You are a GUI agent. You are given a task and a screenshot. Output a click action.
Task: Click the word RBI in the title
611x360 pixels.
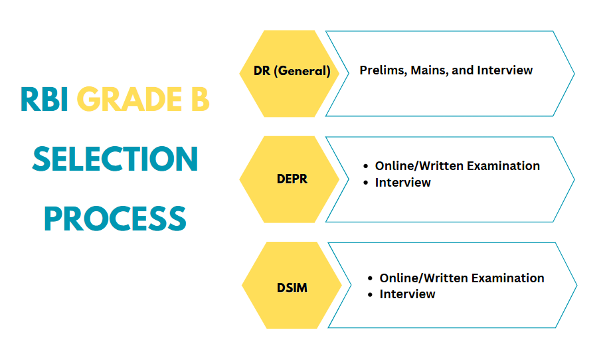point(44,100)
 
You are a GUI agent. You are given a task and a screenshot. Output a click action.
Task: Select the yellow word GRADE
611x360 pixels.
point(130,100)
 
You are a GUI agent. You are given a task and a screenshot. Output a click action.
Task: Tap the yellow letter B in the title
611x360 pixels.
point(201,100)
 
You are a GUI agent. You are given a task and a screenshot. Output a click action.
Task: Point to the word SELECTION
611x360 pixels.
point(116,159)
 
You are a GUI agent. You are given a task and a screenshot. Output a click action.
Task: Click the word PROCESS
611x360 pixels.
point(116,219)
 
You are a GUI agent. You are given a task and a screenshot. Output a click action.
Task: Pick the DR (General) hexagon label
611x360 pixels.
point(292,71)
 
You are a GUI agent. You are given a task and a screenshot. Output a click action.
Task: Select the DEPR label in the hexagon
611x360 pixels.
point(292,179)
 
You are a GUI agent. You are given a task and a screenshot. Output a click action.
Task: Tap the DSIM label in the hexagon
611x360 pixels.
point(292,288)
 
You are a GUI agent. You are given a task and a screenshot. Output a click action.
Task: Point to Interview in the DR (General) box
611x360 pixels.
point(505,70)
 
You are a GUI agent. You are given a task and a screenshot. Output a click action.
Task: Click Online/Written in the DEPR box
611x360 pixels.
point(419,166)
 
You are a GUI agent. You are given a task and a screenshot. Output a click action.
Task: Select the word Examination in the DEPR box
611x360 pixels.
point(503,166)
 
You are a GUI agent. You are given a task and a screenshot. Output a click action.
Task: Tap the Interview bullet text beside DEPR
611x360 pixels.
point(403,183)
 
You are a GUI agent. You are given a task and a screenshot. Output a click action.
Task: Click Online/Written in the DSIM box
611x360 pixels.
point(424,278)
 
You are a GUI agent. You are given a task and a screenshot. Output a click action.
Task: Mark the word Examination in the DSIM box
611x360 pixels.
point(508,278)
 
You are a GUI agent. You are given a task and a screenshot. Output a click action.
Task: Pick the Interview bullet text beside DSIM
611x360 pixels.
point(408,294)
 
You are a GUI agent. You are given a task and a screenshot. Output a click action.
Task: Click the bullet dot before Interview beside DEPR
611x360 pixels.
point(365,183)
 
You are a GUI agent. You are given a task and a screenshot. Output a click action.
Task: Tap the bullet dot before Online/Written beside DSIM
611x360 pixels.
point(370,278)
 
